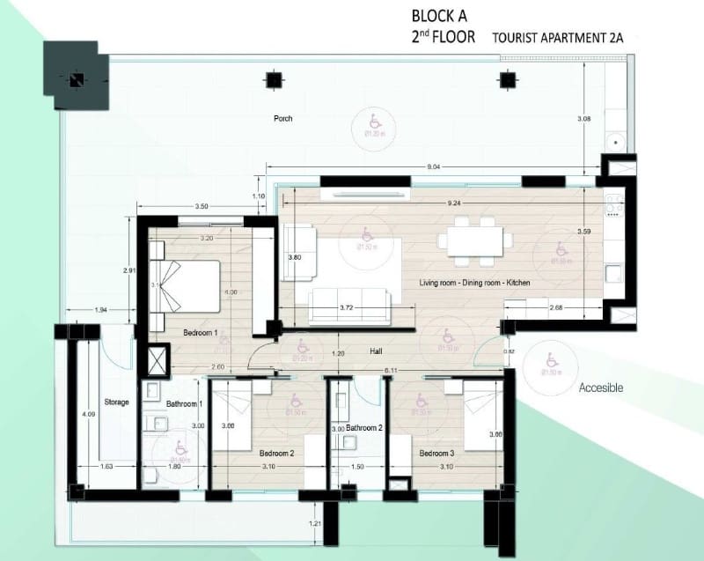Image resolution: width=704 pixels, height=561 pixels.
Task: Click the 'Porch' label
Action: (x=282, y=119)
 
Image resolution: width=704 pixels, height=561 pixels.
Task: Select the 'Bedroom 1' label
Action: (x=200, y=333)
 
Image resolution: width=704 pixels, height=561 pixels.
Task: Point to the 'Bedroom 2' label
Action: (x=275, y=454)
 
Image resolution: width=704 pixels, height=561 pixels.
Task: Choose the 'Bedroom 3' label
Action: (x=436, y=454)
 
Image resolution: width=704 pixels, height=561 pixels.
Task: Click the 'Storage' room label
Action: (x=116, y=402)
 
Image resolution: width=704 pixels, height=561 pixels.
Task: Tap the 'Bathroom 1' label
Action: (x=185, y=404)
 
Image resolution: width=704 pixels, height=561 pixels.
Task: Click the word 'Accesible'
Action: (x=601, y=388)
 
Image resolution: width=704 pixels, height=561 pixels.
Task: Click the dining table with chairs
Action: (x=475, y=240)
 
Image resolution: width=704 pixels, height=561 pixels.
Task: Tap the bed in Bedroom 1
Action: (x=187, y=284)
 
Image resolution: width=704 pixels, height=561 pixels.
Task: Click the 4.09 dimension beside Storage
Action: (x=85, y=413)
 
